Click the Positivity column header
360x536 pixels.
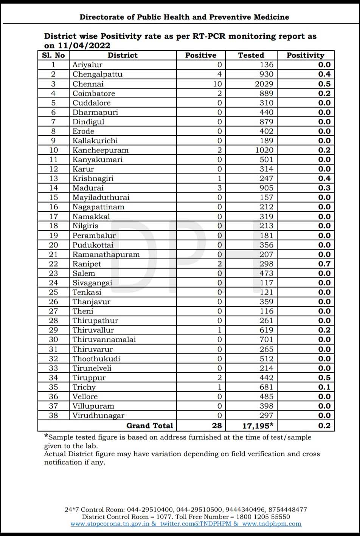[305, 55]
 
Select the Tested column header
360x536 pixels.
[251, 55]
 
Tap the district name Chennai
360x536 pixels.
[88, 84]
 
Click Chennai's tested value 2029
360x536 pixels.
[264, 84]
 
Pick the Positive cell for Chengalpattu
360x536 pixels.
[219, 74]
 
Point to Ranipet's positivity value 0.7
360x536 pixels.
[324, 264]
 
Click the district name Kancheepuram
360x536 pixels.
[100, 150]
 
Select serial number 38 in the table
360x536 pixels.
[54, 415]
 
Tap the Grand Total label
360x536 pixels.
[149, 426]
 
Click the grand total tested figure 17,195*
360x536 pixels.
[258, 426]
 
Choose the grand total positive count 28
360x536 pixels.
[217, 426]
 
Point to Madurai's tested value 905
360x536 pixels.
[266, 188]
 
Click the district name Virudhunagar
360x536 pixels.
[98, 415]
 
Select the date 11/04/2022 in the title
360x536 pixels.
[84, 46]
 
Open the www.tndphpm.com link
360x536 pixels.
[272, 524]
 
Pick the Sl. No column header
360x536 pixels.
[54, 55]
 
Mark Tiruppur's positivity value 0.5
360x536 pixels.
[324, 378]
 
